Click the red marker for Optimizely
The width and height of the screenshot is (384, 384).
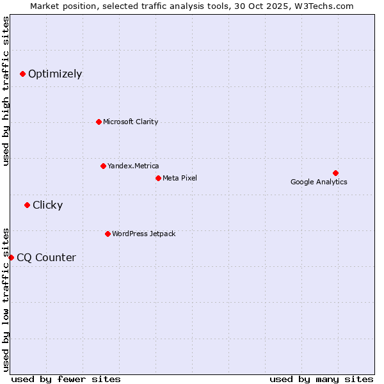(22, 74)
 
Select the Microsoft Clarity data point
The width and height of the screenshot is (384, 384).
(99, 122)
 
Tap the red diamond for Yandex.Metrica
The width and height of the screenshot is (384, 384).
(103, 166)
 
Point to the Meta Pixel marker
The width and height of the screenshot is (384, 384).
(158, 178)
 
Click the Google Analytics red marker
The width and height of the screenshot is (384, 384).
(335, 173)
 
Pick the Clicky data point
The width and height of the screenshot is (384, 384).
(27, 205)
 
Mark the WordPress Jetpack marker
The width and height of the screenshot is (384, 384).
(108, 234)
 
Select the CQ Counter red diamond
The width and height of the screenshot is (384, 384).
(11, 257)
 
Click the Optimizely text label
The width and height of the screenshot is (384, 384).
(55, 74)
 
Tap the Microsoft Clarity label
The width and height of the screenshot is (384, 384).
(131, 122)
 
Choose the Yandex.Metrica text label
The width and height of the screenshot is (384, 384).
(133, 166)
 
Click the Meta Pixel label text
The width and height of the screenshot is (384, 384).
(180, 178)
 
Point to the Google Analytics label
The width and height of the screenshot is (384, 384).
(319, 182)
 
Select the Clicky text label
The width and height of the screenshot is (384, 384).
(47, 205)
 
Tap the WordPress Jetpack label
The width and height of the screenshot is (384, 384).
(143, 234)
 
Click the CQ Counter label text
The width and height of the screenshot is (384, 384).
(46, 257)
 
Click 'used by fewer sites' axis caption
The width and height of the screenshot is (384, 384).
(66, 379)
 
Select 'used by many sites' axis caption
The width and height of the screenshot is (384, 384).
(321, 379)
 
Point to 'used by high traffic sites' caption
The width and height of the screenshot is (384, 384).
(6, 91)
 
